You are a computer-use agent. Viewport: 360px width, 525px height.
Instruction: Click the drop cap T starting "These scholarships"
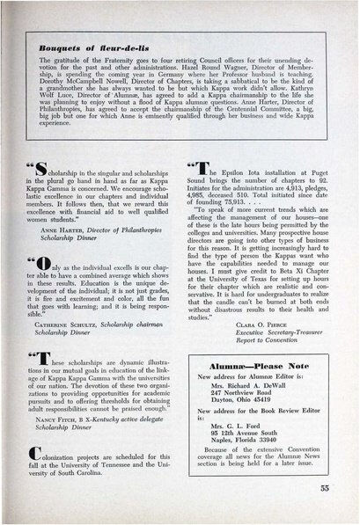tap(50, 361)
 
